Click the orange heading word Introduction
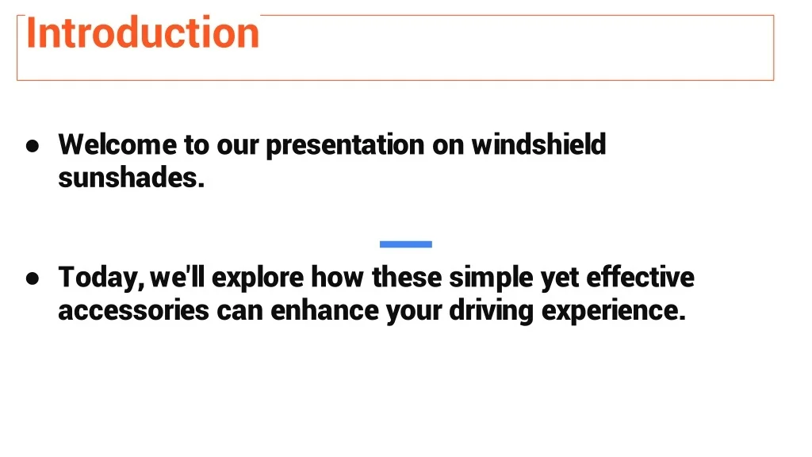pos(143,33)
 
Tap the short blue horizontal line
pos(405,244)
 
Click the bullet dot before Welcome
pos(33,146)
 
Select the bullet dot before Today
pos(33,278)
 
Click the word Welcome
pos(117,144)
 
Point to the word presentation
pos(345,146)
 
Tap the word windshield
pos(538,144)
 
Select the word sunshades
pos(132,178)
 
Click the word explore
pos(258,278)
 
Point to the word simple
pos(491,278)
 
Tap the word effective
pos(640,277)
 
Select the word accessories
pos(133,311)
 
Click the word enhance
pos(324,310)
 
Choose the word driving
pos(491,311)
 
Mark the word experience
pos(614,311)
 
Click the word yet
pos(560,278)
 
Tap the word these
pos(407,277)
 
